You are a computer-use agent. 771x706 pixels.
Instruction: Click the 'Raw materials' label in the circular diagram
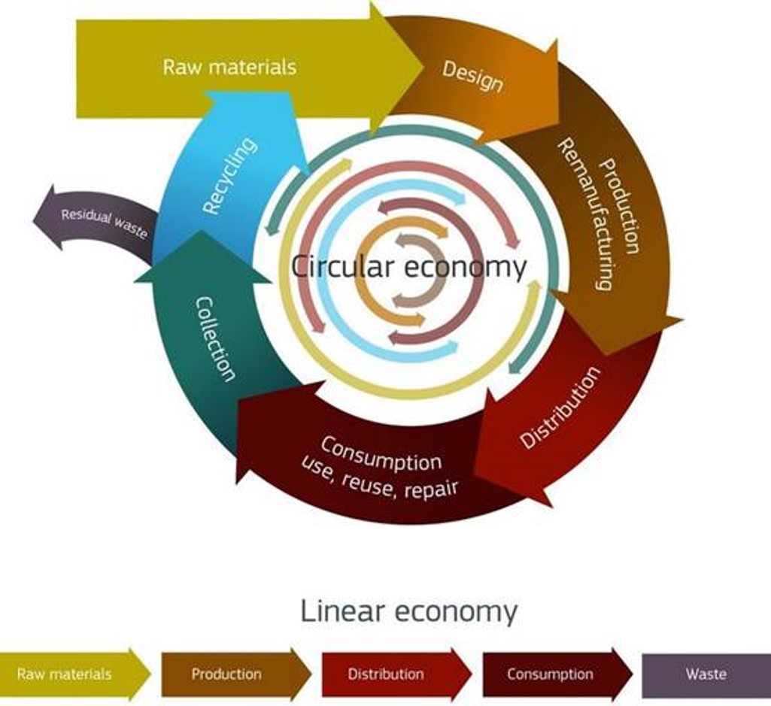click(229, 67)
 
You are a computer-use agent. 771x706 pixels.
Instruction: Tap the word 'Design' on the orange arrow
click(472, 77)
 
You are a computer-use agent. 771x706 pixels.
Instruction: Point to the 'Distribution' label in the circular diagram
click(560, 407)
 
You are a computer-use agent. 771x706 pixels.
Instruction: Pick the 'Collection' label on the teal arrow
click(215, 339)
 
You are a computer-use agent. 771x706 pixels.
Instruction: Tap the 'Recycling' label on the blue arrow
click(229, 176)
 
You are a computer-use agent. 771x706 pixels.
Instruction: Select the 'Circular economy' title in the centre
click(408, 267)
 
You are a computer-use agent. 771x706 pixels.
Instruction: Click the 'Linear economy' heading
click(408, 611)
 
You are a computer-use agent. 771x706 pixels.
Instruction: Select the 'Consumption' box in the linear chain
click(557, 674)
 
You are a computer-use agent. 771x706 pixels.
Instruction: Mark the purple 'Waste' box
click(706, 674)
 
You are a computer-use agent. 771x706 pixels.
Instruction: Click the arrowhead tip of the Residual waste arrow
click(33, 219)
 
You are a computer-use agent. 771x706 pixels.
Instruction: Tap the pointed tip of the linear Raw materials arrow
click(151, 674)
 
